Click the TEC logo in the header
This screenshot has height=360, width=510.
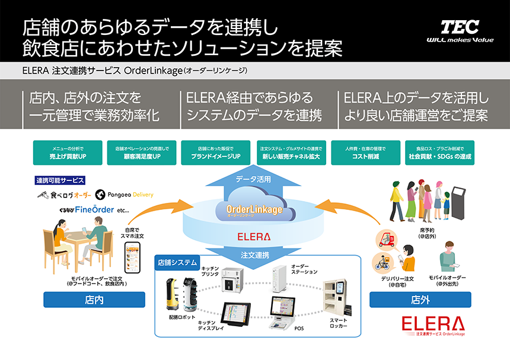tap(460, 27)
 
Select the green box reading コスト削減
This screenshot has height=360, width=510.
tap(366, 152)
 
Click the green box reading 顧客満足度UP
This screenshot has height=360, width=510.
tap(142, 152)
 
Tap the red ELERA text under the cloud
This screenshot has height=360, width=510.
tap(254, 236)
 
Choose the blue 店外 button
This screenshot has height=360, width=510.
tap(413, 300)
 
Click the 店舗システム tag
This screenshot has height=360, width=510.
tap(177, 262)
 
